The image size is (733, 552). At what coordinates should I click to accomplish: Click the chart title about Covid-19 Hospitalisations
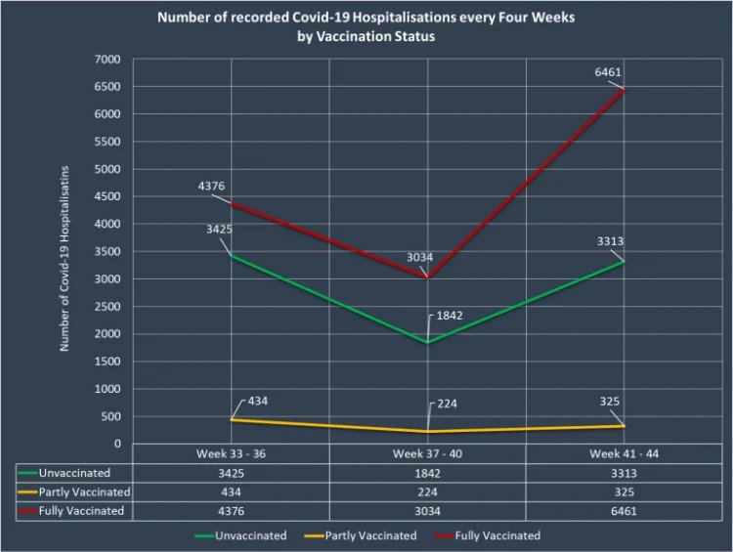(x=366, y=26)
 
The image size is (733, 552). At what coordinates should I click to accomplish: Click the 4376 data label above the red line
(x=211, y=185)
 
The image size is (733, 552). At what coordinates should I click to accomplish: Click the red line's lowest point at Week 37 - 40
(x=428, y=277)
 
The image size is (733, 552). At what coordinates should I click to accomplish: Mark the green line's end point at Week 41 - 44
(x=625, y=262)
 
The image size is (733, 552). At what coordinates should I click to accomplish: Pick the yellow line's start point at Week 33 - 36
(x=231, y=420)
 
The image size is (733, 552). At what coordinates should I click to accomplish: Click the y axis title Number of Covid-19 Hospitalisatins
(x=65, y=251)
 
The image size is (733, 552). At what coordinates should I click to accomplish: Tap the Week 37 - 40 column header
(x=427, y=454)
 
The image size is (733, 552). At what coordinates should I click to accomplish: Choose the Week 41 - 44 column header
(x=624, y=454)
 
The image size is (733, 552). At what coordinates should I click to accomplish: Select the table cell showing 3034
(x=427, y=510)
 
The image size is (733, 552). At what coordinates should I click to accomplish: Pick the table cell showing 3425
(x=231, y=473)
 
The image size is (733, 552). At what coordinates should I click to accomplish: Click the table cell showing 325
(x=624, y=491)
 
